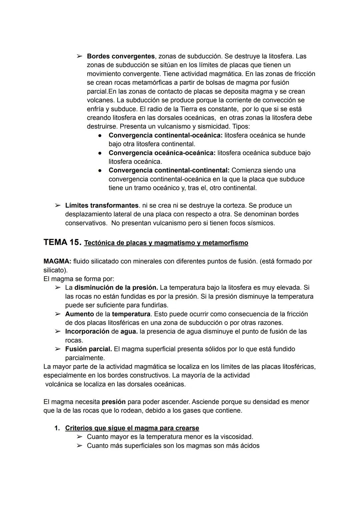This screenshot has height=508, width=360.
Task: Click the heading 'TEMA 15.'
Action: [x=62, y=243]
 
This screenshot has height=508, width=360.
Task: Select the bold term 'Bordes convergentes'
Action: [x=121, y=56]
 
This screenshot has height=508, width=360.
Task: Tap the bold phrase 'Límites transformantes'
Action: [x=102, y=206]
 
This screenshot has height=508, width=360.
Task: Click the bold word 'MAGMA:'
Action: [x=57, y=261]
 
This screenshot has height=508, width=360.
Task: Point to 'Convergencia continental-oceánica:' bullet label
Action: [x=165, y=135]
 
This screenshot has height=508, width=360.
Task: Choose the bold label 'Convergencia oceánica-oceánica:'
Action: [x=162, y=153]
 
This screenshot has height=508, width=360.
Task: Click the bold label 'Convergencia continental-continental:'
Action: [x=169, y=170]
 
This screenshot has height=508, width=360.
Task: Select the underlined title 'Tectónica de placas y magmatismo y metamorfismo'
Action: [x=166, y=243]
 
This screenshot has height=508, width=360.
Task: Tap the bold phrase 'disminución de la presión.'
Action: [x=116, y=287]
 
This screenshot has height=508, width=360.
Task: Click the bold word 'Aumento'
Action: [x=79, y=314]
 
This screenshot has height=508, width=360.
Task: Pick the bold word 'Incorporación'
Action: [x=87, y=331]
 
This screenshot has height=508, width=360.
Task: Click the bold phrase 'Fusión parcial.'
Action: [x=88, y=349]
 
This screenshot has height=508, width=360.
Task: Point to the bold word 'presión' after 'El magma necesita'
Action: [x=114, y=402]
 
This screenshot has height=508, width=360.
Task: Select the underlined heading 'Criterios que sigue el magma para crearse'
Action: [x=132, y=428]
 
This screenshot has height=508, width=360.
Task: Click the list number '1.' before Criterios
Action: [x=57, y=428]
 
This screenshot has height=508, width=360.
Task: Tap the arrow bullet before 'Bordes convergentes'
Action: [x=79, y=56]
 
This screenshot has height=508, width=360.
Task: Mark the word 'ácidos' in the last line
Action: [x=249, y=446]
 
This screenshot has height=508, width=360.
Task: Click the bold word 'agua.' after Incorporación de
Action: [x=129, y=331]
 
